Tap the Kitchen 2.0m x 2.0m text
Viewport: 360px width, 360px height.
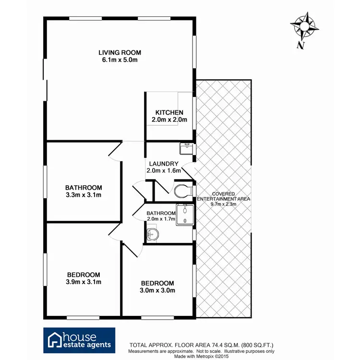tap(166, 116)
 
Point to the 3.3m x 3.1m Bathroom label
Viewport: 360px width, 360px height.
tap(84, 191)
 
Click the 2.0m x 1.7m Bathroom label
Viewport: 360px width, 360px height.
tap(161, 216)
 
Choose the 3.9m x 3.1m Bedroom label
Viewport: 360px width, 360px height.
tap(84, 278)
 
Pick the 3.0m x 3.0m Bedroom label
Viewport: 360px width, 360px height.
tap(157, 287)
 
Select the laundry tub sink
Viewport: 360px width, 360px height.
tap(185, 148)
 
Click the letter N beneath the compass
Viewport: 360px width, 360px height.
tap(301, 46)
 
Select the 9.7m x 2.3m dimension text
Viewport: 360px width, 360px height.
tap(223, 204)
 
